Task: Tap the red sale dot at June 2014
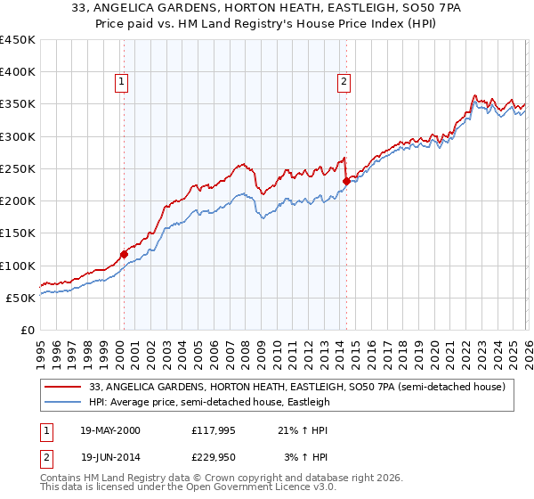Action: tap(346, 181)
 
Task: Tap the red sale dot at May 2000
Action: tap(124, 254)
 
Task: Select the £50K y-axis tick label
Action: tap(21, 298)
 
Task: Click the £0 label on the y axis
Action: tap(27, 330)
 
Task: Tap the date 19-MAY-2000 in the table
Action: tap(110, 430)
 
